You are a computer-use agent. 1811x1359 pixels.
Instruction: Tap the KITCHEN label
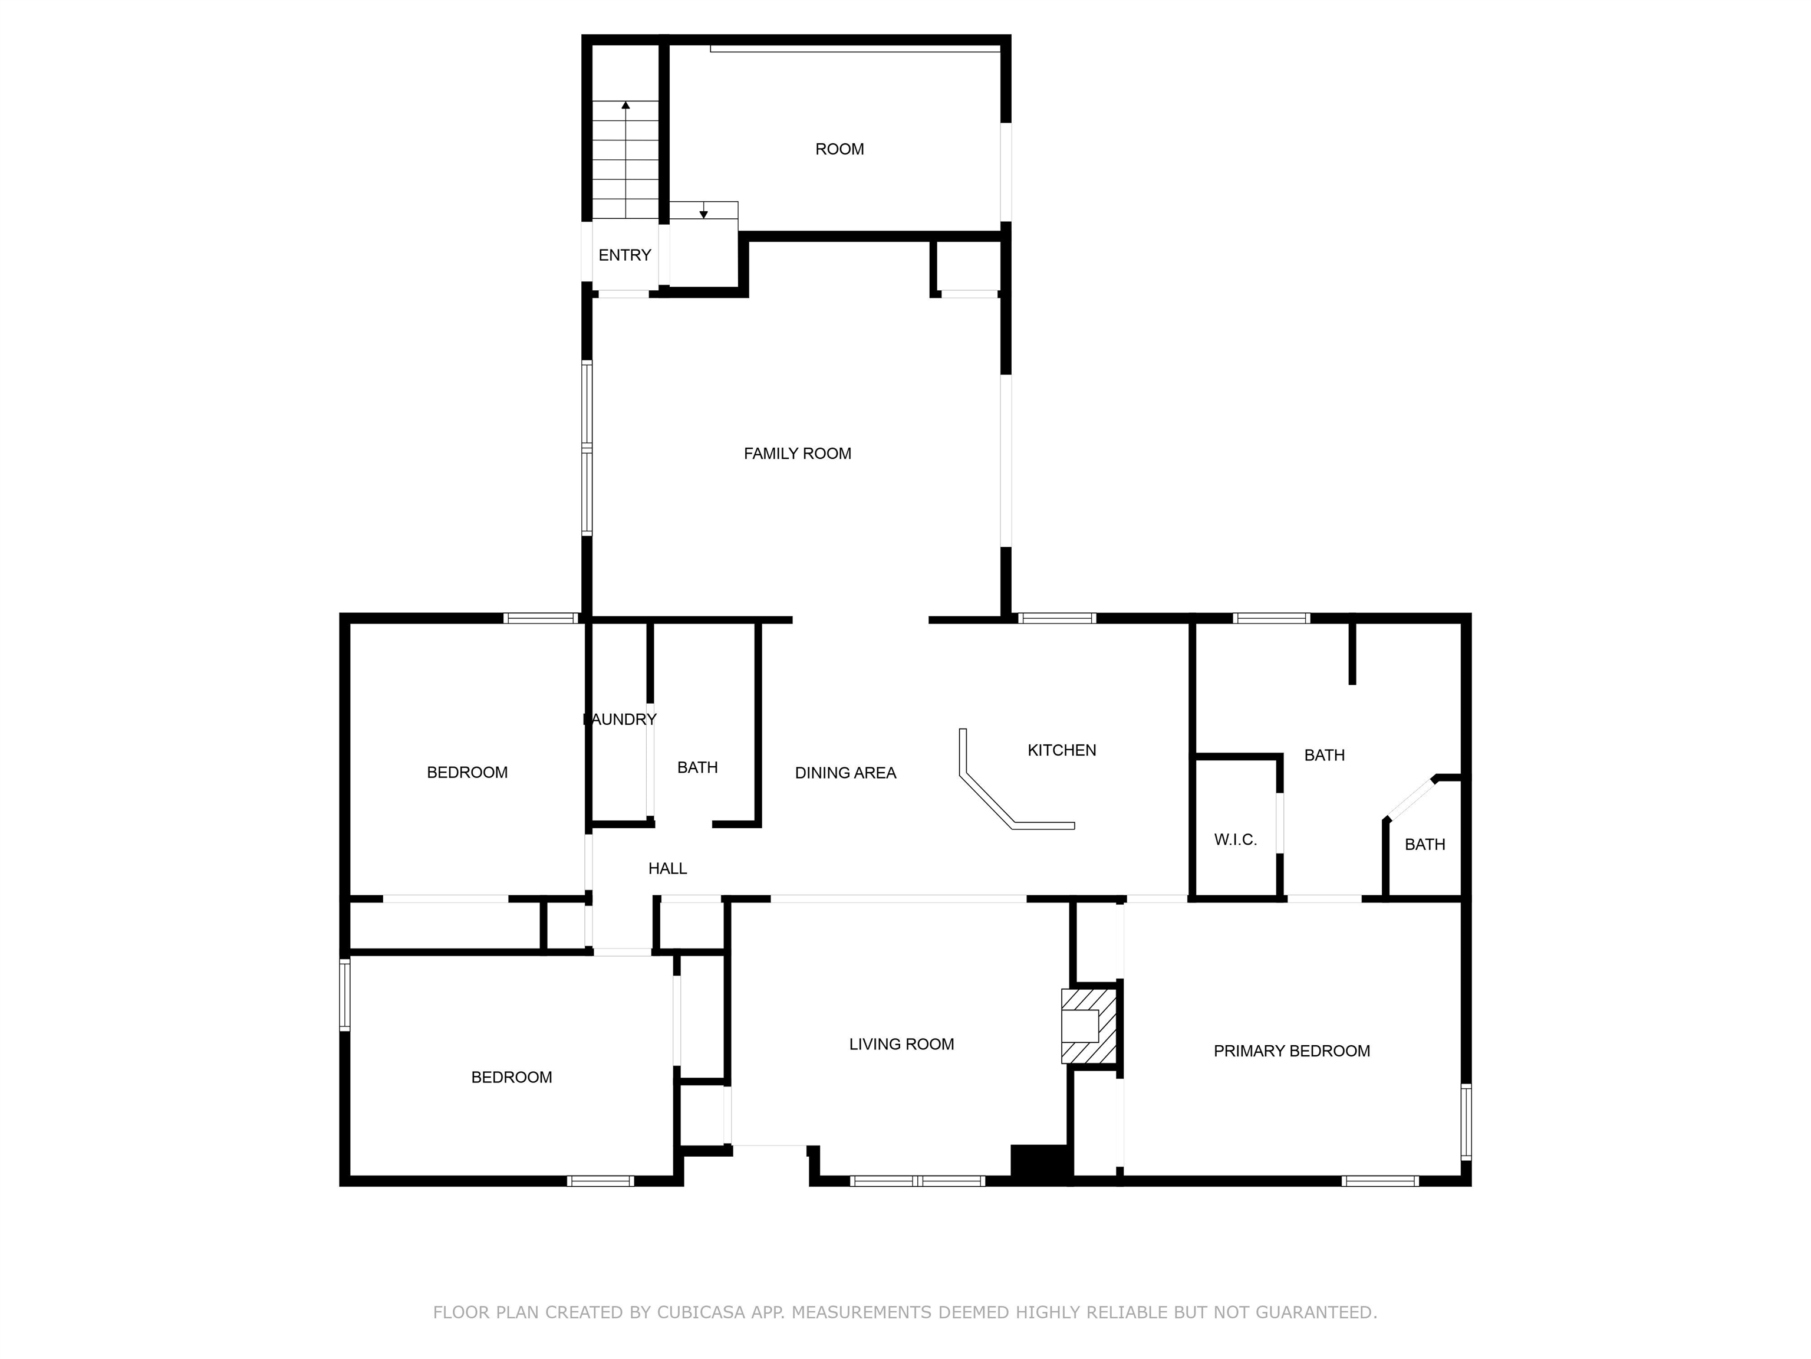click(1061, 750)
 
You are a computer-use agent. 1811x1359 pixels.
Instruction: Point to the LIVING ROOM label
click(901, 1045)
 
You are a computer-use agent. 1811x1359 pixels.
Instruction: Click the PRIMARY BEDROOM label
click(1291, 1051)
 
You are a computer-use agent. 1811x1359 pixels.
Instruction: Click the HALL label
click(667, 868)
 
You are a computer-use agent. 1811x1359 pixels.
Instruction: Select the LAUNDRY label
click(620, 719)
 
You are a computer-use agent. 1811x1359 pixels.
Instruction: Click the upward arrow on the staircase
click(625, 106)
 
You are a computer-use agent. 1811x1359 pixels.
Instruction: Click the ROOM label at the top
click(839, 149)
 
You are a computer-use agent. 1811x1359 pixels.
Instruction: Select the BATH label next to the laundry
click(697, 767)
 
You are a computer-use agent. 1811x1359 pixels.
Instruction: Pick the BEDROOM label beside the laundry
click(467, 773)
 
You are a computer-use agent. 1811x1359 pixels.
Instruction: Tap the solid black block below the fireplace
click(1040, 1163)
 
